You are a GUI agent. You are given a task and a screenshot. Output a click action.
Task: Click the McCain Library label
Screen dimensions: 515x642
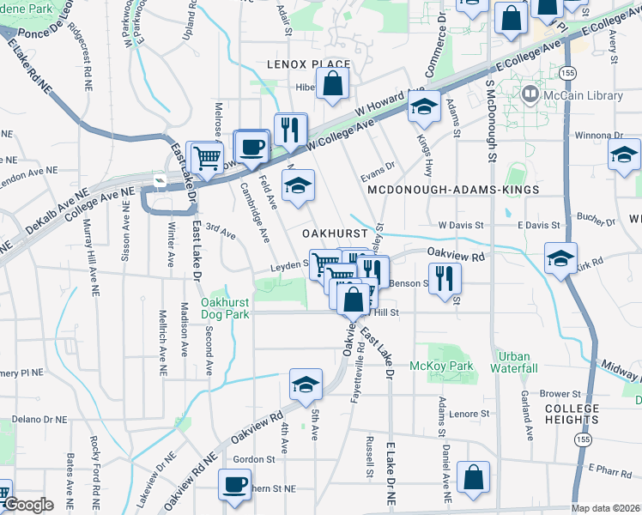[583, 95]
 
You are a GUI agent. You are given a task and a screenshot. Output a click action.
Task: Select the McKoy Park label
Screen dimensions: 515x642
[454, 367]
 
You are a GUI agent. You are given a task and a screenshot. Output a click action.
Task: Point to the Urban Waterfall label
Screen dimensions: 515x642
[514, 362]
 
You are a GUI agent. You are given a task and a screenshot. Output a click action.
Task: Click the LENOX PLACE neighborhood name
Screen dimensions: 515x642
[309, 64]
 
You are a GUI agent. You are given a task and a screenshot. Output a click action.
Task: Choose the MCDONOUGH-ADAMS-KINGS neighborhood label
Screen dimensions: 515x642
[452, 189]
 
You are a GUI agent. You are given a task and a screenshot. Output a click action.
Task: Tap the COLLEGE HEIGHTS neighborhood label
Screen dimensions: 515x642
[571, 414]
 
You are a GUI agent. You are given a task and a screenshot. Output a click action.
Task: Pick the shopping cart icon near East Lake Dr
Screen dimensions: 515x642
[207, 157]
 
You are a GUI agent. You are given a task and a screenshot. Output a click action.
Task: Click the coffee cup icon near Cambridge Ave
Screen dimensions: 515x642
[251, 146]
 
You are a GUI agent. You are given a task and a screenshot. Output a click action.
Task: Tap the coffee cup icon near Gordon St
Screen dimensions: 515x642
[234, 484]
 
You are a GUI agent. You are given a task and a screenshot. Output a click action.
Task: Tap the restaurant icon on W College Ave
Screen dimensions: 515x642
[290, 129]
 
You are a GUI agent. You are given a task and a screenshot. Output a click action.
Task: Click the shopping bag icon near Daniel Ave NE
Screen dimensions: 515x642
[473, 477]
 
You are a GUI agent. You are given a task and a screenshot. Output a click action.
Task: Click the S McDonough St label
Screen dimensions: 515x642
[491, 120]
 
